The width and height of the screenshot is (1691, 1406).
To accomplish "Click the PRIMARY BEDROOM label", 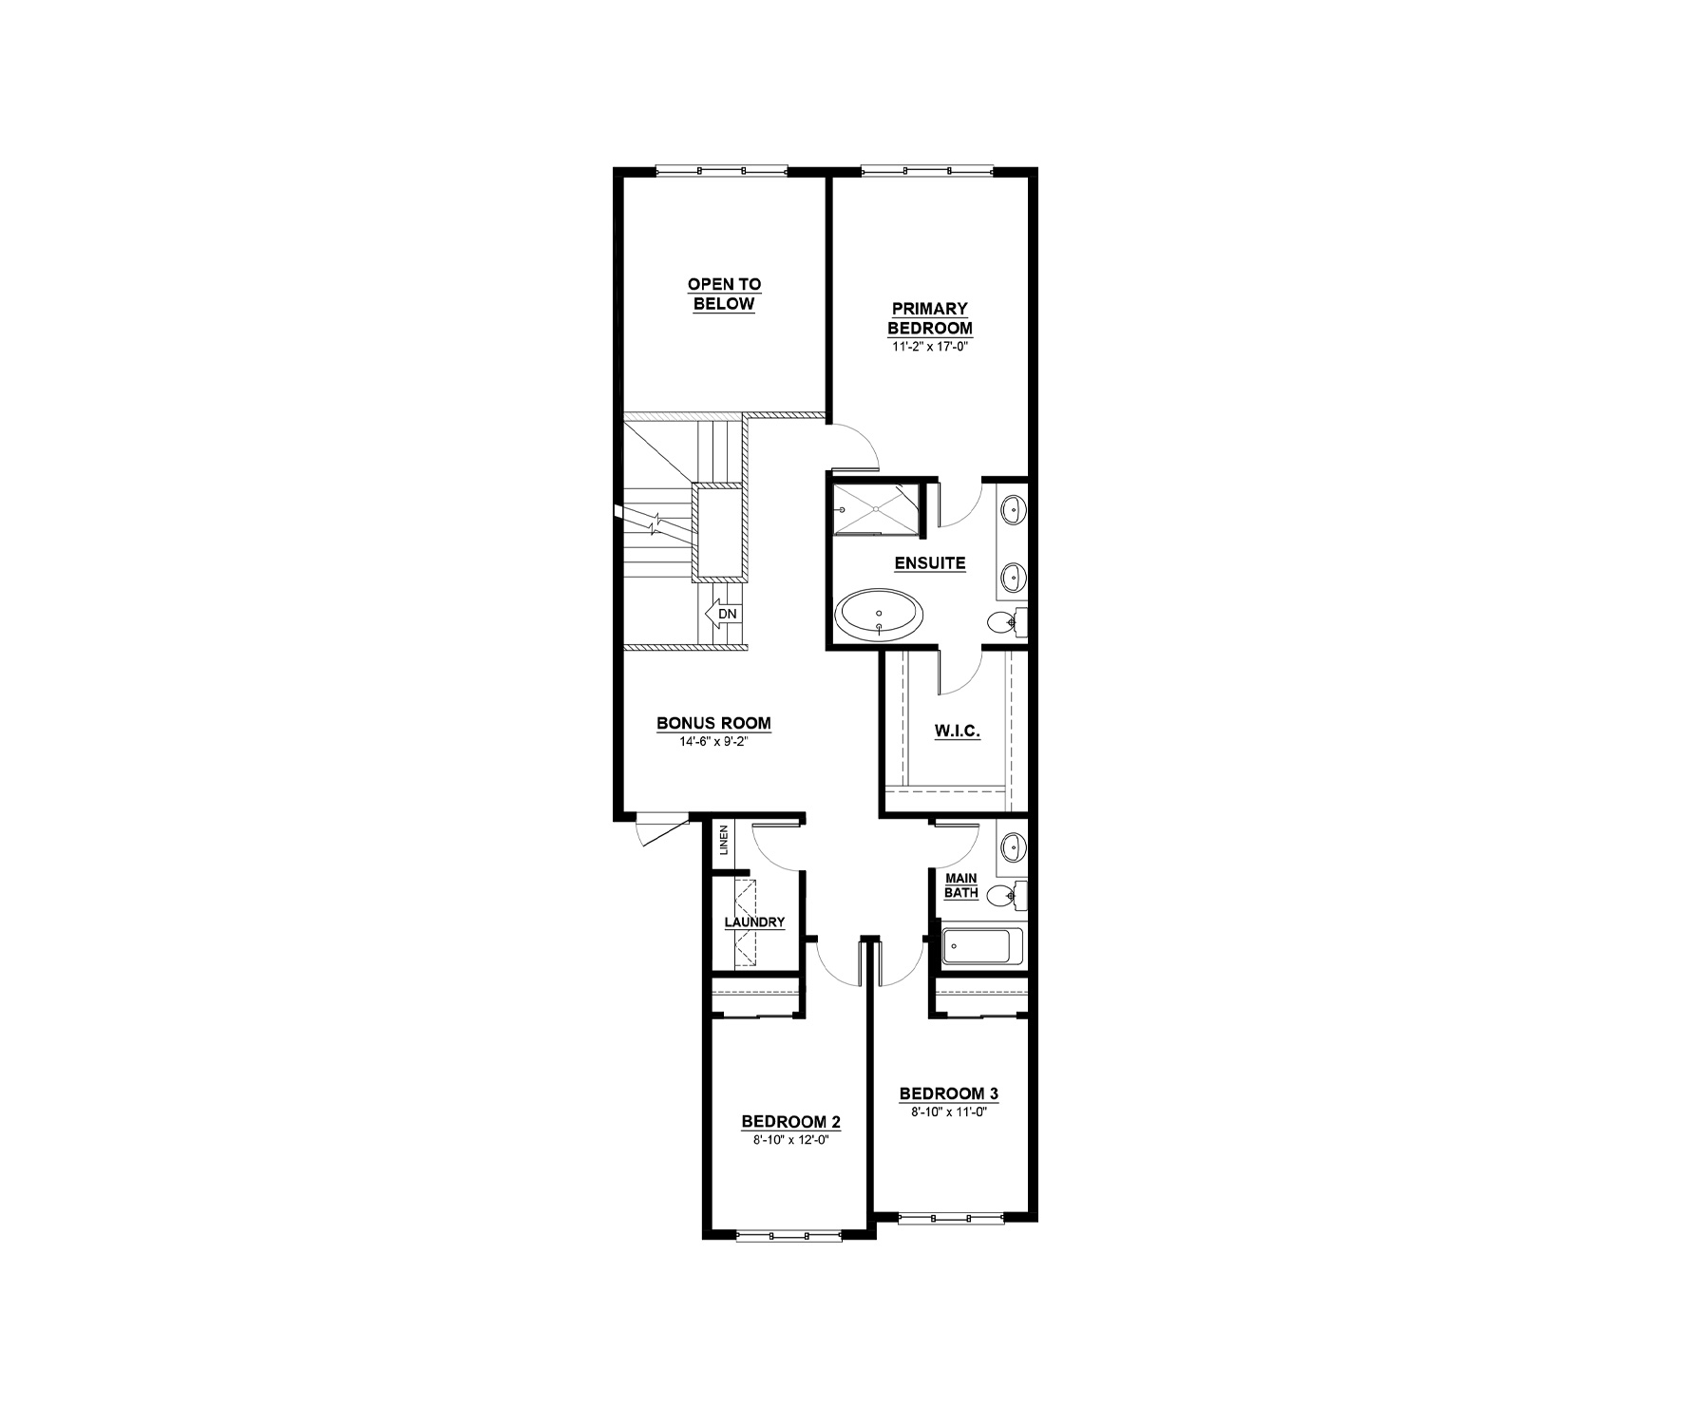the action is (930, 318).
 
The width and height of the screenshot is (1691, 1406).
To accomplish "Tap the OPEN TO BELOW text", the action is (725, 294).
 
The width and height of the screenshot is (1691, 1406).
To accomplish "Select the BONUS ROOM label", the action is (714, 724).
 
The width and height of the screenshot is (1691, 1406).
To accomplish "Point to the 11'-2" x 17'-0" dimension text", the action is (930, 347).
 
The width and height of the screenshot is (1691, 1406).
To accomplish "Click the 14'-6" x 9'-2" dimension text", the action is (714, 742).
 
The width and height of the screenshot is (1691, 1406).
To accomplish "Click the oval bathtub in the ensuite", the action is (879, 616).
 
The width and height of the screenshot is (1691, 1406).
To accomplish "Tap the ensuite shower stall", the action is (874, 509).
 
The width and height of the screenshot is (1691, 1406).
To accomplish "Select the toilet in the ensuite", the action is (1004, 623).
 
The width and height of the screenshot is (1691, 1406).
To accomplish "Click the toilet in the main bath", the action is (1004, 894).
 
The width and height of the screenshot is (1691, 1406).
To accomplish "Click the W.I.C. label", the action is (957, 731).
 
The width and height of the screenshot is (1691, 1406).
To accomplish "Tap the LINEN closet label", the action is (724, 840).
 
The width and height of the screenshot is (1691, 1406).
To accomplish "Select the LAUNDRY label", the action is (754, 921).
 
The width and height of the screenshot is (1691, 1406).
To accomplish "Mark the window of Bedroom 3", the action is (949, 1214).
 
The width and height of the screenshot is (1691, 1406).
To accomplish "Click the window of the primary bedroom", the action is (927, 171).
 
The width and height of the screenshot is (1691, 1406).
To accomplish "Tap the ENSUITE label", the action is (930, 563).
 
